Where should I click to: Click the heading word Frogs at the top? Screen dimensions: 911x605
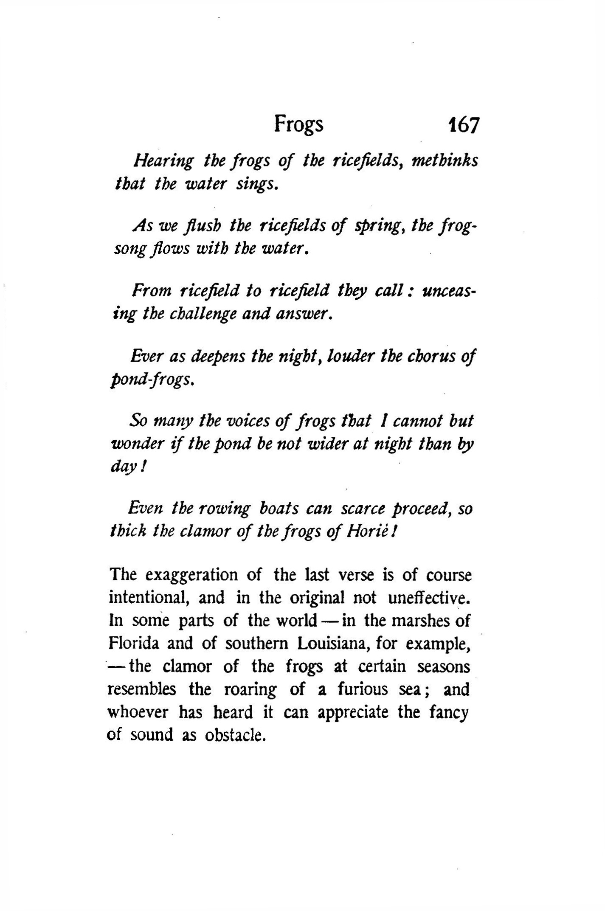pyautogui.click(x=298, y=124)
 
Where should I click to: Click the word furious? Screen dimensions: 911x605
pyautogui.click(x=363, y=689)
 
